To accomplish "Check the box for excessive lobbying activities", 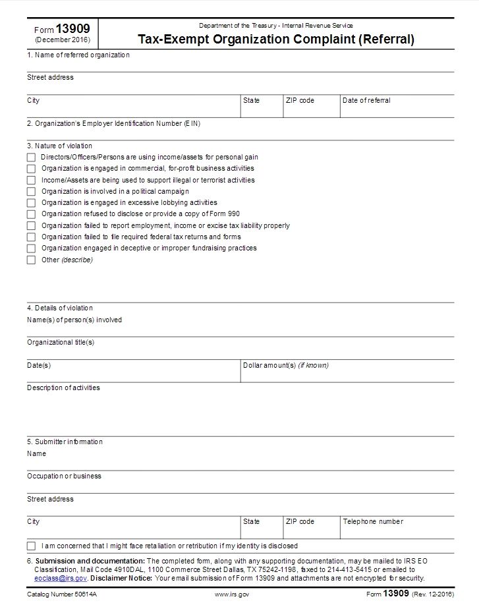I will coord(31,203).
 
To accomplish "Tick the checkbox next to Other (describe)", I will coord(31,260).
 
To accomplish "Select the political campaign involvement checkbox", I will coord(31,192).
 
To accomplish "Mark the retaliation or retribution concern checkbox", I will coord(31,546).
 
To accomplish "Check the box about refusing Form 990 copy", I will coord(31,214).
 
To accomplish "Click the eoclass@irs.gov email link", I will coord(61,578).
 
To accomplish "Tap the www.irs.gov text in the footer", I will coord(232,594).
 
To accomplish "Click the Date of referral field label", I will coord(366,101).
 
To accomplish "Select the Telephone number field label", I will coord(373,521).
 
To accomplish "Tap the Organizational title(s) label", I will coord(61,342).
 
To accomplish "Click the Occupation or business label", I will coord(64,476).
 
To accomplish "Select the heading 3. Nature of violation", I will coord(59,146).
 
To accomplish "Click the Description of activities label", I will coord(63,388).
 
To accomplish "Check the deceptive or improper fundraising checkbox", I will coord(31,248).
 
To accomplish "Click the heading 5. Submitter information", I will coord(65,442).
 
